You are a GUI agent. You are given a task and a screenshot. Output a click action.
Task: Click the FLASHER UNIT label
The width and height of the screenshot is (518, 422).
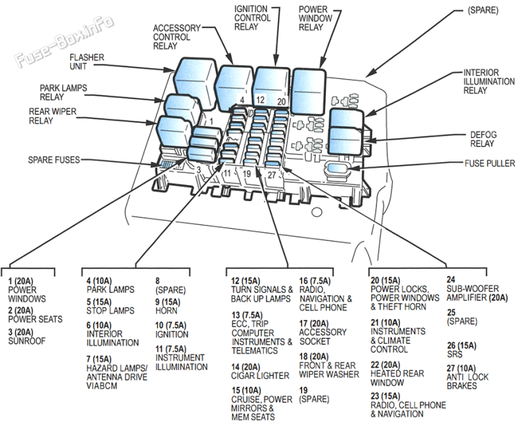[x=86, y=63]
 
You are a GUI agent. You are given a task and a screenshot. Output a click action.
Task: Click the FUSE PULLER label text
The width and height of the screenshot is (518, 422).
[x=490, y=163]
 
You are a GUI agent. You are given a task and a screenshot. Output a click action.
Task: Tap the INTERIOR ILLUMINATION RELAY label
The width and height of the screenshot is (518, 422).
[x=485, y=81]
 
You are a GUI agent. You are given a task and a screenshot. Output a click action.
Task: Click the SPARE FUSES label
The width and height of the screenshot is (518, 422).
[x=53, y=160]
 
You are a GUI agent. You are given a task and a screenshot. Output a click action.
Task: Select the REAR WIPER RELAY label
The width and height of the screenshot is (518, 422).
[x=51, y=116]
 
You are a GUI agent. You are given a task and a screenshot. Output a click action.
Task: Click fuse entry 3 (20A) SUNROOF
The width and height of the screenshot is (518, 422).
[x=27, y=337]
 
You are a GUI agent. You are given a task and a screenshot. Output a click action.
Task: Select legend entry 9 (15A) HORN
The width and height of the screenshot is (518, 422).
[x=167, y=307]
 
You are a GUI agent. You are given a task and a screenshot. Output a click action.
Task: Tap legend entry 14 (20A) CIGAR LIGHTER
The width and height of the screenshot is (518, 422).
[x=260, y=371]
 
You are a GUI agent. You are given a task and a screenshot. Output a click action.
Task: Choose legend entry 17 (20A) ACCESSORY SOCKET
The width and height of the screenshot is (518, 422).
[x=323, y=327]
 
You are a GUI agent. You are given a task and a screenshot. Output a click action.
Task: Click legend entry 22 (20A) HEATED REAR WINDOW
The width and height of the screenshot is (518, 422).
[x=397, y=373]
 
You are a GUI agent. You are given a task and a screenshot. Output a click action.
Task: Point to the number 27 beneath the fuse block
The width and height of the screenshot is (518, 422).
[x=272, y=175]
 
